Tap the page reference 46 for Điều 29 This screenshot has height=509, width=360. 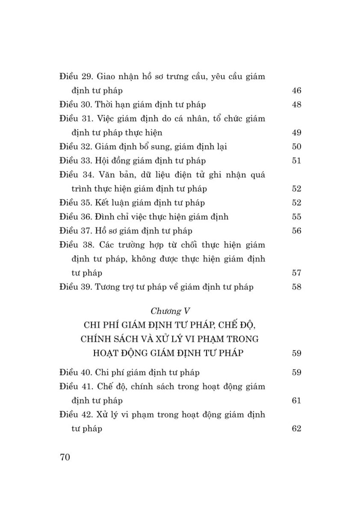pyautogui.click(x=296, y=90)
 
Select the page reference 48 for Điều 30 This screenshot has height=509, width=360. pyautogui.click(x=296, y=105)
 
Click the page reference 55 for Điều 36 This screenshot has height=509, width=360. pyautogui.click(x=296, y=217)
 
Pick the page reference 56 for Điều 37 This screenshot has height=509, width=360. pyautogui.click(x=296, y=231)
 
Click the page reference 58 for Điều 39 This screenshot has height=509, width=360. pyautogui.click(x=296, y=287)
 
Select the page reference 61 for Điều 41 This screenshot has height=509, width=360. pyautogui.click(x=296, y=401)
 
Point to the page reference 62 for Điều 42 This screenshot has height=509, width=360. pyautogui.click(x=296, y=429)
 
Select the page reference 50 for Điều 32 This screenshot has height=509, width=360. pyautogui.click(x=296, y=147)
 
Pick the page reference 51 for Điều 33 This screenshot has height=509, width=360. pyautogui.click(x=296, y=161)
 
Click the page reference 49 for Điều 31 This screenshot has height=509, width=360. pyautogui.click(x=296, y=133)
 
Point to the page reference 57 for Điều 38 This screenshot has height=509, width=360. pyautogui.click(x=296, y=273)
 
